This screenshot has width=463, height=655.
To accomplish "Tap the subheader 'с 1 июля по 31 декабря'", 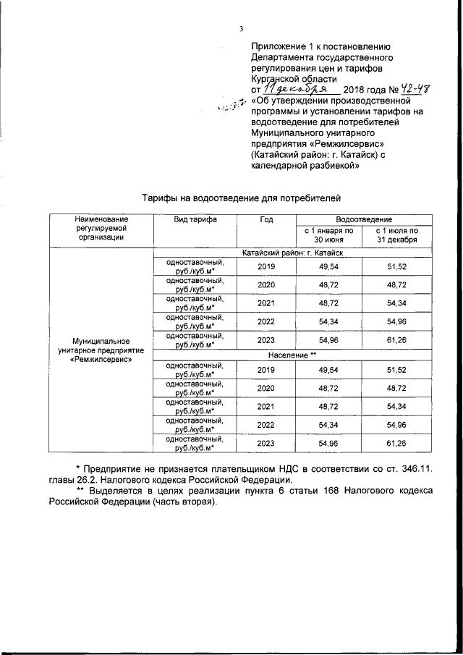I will [x=396, y=234].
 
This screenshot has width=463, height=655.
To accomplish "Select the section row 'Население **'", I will [x=293, y=356].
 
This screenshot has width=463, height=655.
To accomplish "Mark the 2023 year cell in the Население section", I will [x=266, y=442].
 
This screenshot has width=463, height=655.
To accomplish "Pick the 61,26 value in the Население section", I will [x=396, y=442].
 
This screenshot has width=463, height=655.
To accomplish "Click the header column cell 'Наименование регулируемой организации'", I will [x=101, y=227].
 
